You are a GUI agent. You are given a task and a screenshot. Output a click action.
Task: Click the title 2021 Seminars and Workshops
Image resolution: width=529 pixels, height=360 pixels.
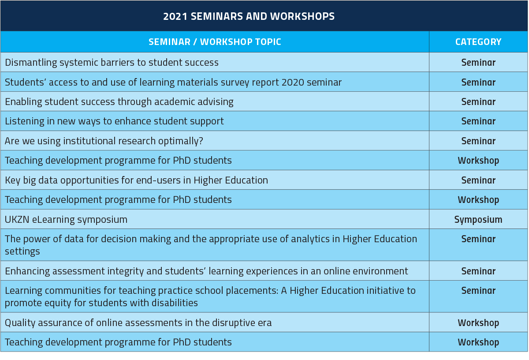click(249, 16)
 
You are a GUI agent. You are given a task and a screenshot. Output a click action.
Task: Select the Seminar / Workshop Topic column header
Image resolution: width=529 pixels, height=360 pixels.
click(215, 42)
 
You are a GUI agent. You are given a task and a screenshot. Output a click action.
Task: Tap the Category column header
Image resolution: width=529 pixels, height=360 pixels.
click(478, 42)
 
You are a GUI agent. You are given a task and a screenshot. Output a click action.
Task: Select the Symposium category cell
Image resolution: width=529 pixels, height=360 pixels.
click(478, 220)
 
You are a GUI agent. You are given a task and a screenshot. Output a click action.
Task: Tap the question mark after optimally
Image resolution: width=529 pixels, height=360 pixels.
click(201, 141)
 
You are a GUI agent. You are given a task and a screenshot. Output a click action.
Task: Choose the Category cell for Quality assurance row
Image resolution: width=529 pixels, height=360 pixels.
click(478, 323)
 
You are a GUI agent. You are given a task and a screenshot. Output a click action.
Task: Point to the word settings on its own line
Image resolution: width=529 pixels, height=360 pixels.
click(22, 251)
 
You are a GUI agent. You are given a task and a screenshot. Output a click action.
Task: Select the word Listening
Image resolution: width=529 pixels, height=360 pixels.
click(25, 121)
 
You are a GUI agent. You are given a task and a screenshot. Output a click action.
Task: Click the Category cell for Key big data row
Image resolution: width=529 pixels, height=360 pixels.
click(478, 180)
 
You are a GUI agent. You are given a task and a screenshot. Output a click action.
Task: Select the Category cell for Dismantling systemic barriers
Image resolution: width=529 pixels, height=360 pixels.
click(478, 63)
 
